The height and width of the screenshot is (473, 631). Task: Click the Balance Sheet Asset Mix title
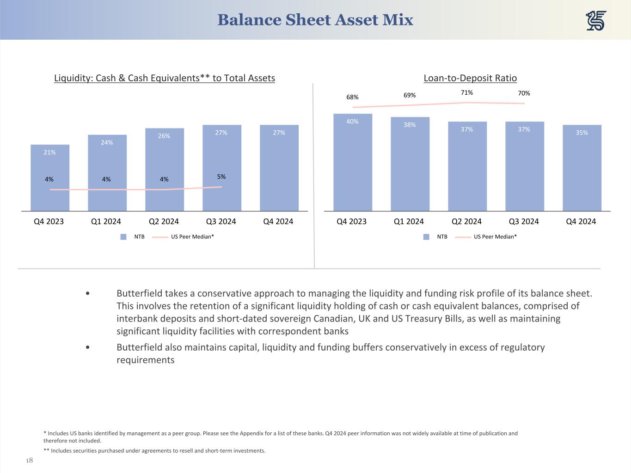coord(315,20)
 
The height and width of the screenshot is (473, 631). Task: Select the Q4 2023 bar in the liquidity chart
coord(50,178)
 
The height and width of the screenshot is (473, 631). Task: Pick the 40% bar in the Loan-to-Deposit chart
coord(352,162)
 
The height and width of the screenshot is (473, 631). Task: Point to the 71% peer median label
coord(466,93)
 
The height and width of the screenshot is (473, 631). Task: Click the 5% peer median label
coord(221,176)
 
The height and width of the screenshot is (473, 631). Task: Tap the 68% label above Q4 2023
coord(352,97)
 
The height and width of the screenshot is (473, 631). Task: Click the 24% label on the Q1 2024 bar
coord(107,142)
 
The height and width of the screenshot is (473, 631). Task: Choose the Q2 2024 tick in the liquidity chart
coord(164,221)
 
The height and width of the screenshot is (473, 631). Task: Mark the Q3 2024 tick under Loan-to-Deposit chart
coord(524,221)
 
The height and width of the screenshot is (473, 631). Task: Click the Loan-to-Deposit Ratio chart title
coord(470,78)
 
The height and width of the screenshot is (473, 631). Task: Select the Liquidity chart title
coord(165,78)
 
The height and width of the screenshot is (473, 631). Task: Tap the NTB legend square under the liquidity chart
coord(123,236)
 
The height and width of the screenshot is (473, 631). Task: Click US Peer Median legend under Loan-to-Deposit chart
coord(495,236)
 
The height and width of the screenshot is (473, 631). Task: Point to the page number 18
coord(29,460)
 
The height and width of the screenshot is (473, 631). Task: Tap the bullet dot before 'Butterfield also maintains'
coord(88,347)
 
